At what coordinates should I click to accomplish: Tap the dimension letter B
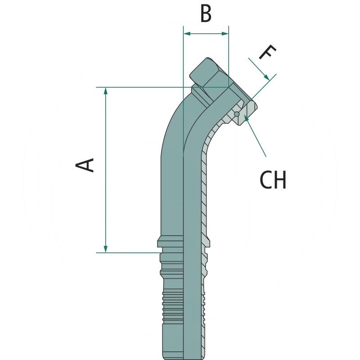click(x=206, y=14)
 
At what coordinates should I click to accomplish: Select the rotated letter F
click(x=266, y=53)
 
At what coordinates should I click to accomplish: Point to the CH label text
click(x=273, y=180)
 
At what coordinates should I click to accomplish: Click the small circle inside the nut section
click(x=236, y=114)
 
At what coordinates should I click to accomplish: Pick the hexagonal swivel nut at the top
click(x=208, y=74)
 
